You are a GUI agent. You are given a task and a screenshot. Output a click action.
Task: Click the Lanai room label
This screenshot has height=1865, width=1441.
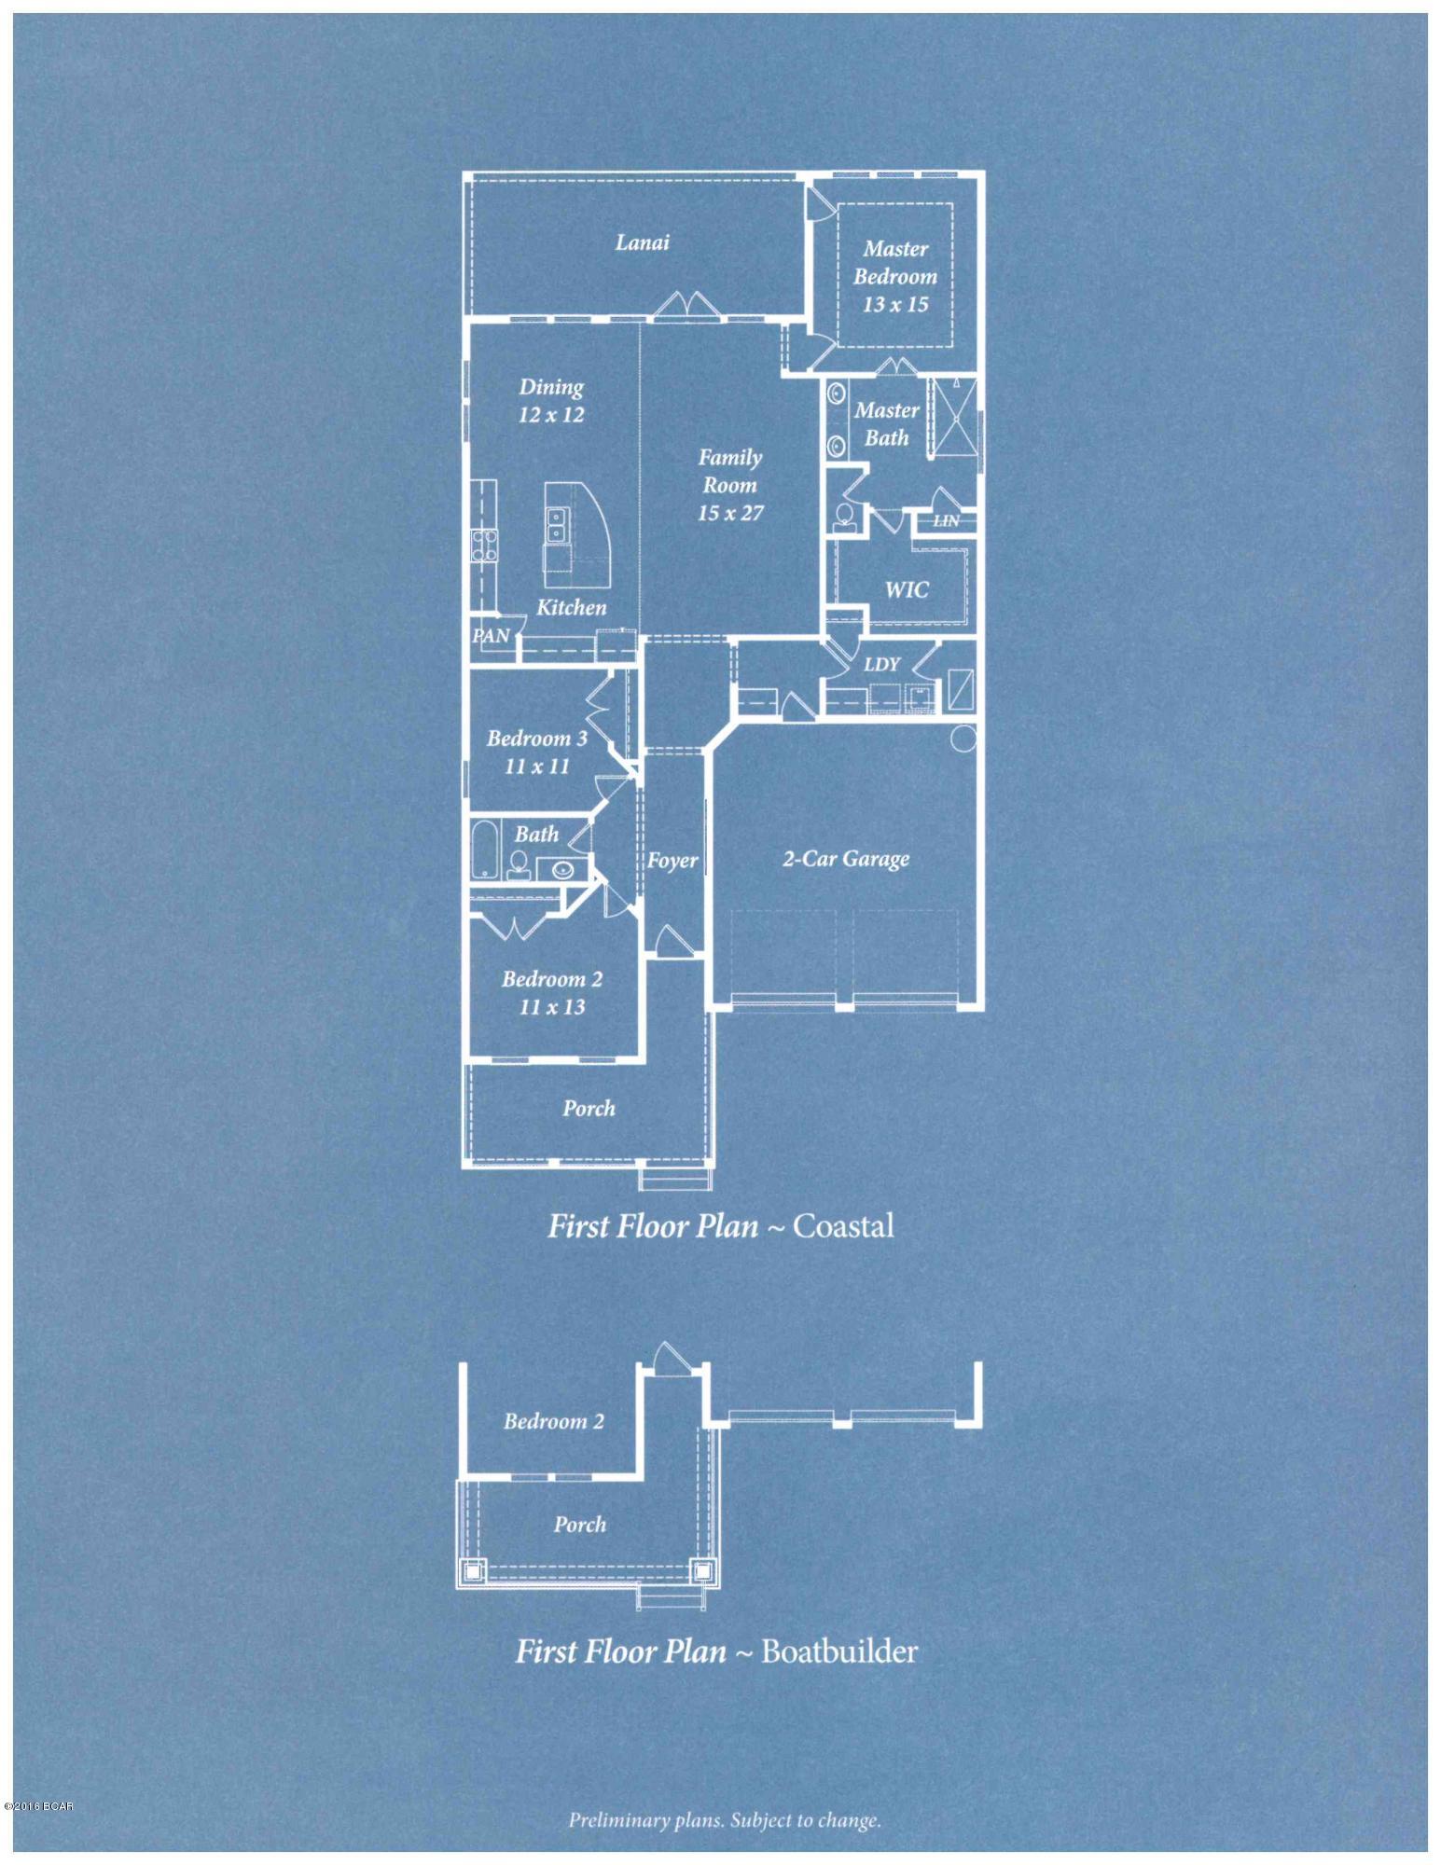642,242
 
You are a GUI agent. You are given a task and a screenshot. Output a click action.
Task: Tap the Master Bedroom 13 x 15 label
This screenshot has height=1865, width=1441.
894,276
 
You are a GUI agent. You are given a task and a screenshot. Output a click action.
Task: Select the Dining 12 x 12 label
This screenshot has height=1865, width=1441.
551,400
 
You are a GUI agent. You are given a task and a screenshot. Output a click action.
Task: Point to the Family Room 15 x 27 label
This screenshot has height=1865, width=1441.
730,485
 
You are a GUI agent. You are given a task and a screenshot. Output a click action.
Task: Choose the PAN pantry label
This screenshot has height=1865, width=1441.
492,636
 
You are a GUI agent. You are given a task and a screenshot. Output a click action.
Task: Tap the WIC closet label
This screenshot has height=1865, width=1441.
906,589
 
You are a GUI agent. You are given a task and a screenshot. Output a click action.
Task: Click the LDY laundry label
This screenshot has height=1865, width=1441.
881,664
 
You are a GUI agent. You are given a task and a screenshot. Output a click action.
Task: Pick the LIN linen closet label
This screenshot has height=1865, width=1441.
945,520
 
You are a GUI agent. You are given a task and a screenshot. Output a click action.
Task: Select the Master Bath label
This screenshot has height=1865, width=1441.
886,423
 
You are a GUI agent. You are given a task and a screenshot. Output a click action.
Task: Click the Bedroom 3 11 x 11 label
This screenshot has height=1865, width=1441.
537,752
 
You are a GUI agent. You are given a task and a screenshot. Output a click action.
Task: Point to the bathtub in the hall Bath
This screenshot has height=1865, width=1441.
484,848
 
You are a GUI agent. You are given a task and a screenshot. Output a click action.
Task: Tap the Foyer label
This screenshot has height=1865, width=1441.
672,861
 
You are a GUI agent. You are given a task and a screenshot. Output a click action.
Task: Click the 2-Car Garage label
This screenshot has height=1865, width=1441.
845,858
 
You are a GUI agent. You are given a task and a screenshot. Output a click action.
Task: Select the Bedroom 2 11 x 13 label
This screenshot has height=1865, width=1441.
552,992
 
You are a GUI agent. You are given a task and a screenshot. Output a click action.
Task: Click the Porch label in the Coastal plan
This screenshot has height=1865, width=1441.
589,1109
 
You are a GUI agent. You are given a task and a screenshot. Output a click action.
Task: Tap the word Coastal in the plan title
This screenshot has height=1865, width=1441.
843,1225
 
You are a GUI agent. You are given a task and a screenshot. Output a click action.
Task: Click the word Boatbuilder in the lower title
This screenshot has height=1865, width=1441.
839,1651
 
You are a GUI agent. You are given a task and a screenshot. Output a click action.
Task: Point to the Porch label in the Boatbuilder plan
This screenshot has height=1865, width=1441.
579,1525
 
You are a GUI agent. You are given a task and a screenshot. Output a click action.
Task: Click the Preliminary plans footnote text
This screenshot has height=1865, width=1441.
725,1819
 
